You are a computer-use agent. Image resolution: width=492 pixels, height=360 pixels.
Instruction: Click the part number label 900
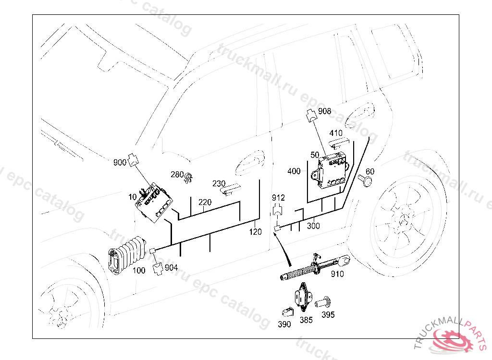coord(120,162)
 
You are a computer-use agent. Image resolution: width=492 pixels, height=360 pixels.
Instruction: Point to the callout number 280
coord(177,174)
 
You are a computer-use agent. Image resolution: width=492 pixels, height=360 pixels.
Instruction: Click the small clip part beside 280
coord(188,178)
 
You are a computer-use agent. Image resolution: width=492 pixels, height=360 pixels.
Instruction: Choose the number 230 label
coord(219,183)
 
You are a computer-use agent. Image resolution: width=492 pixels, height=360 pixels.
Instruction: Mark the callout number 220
coord(205,202)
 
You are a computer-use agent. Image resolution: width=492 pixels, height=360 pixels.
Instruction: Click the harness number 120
coord(256,232)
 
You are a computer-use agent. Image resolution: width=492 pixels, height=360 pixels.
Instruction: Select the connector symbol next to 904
coord(158,269)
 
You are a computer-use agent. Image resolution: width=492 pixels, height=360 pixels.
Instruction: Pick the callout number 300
coord(313,226)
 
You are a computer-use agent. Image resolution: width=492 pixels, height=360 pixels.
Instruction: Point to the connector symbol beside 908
coord(311,115)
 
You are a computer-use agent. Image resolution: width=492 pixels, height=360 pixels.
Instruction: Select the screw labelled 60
coord(365,180)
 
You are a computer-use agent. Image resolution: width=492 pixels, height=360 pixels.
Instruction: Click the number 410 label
coord(336,133)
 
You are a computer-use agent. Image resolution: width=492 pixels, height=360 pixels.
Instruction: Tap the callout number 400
coord(294,171)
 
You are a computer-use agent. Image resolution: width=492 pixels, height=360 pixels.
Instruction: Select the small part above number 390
coord(287,312)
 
